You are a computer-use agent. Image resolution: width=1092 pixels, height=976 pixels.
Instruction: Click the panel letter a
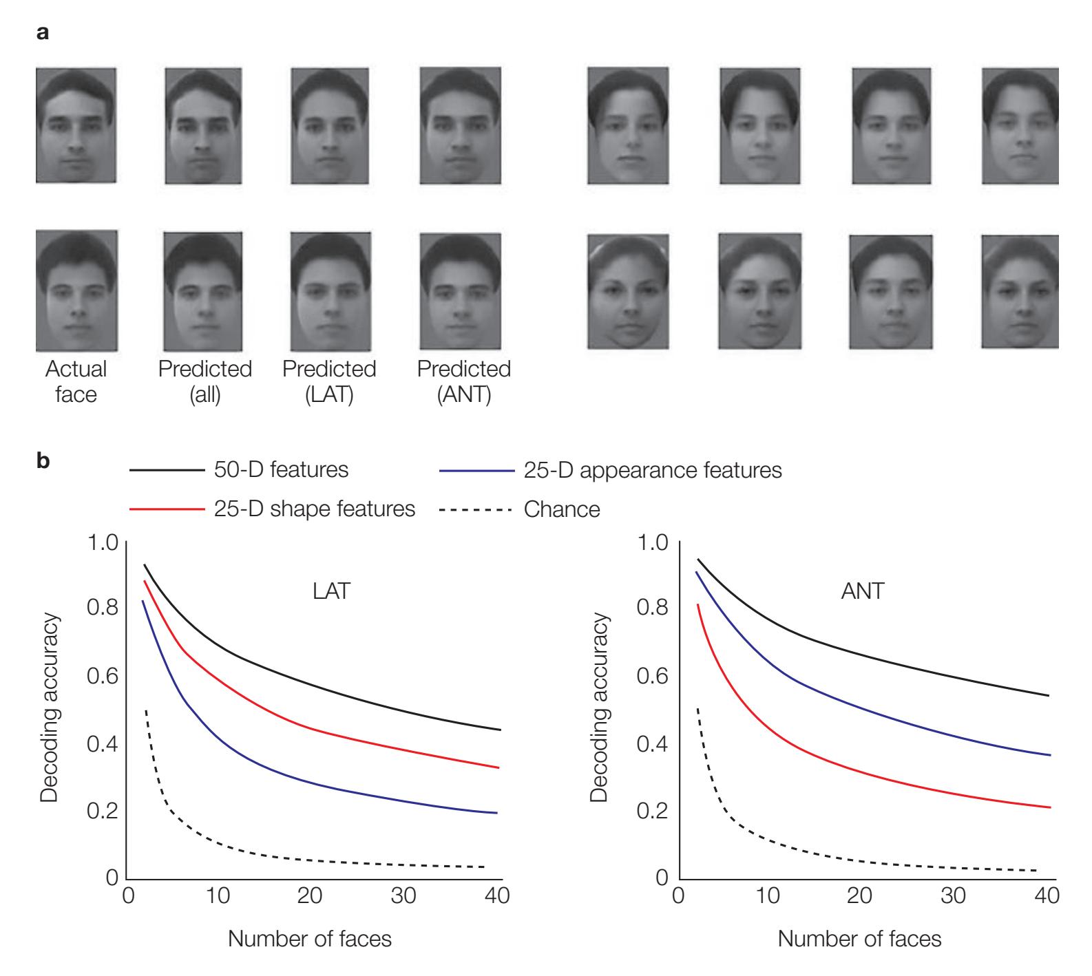[43, 33]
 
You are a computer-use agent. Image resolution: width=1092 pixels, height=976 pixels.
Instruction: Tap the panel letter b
[43, 461]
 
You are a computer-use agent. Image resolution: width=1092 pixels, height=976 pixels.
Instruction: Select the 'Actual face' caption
[76, 382]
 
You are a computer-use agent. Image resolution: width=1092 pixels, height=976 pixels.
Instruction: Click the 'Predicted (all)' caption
[205, 382]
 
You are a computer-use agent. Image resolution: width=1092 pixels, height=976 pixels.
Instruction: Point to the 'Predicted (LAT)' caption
[329, 382]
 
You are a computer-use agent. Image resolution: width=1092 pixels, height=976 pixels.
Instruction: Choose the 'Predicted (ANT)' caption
[464, 382]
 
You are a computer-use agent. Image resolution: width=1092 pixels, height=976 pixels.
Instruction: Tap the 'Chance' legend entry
[562, 509]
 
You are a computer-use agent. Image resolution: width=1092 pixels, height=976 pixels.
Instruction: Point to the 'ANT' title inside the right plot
[862, 591]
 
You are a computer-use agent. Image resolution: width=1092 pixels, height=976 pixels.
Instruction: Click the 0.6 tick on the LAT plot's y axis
[101, 677]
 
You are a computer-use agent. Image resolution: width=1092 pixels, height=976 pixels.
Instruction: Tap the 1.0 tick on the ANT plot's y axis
[652, 543]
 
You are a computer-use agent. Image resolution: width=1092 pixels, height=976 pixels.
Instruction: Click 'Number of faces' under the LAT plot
[310, 938]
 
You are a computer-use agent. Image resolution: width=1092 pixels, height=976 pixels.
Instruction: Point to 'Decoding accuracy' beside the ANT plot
[599, 709]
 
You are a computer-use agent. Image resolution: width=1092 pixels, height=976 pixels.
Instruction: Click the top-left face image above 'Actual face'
[76, 125]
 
